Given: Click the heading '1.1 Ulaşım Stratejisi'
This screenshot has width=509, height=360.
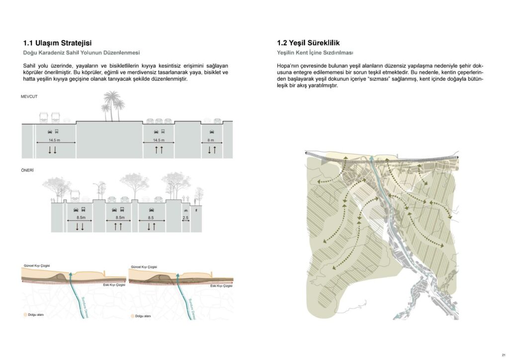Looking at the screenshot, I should pyautogui.click(x=57, y=43).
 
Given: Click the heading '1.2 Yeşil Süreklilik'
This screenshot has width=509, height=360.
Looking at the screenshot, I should pyautogui.click(x=308, y=43).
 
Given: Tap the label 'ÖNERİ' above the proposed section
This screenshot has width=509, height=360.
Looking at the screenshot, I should pyautogui.click(x=27, y=171).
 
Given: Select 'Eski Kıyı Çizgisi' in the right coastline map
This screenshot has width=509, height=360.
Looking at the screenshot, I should pyautogui.click(x=221, y=286).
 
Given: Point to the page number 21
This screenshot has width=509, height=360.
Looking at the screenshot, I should pyautogui.click(x=503, y=355).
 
